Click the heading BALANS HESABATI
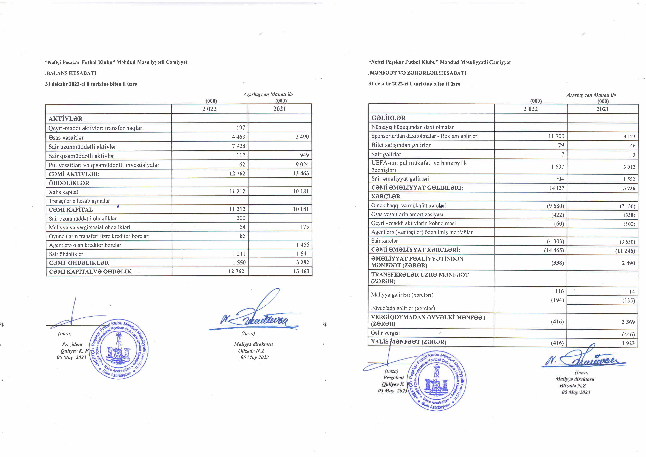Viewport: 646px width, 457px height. coord(71,73)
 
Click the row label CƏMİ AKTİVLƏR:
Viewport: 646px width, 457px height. coord(74,174)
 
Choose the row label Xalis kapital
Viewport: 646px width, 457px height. coord(63,192)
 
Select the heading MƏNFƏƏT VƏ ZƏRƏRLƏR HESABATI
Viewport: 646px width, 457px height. coord(418,73)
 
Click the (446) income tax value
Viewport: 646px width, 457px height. coord(628,334)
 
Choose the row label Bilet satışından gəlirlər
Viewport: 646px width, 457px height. coord(401,145)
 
